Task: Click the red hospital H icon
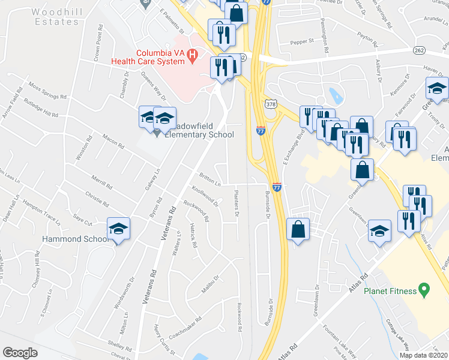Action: pos(192,56)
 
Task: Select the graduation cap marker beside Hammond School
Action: pos(119,229)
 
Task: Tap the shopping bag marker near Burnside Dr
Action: pos(298,230)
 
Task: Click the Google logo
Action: pos(20,353)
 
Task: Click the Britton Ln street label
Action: pos(210,179)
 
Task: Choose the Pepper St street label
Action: pos(302,41)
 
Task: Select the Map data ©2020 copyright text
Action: pos(423,355)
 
